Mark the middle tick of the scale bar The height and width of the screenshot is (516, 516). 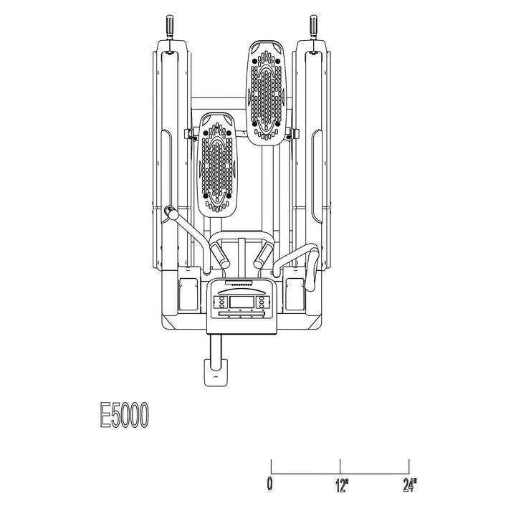point(340,466)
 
